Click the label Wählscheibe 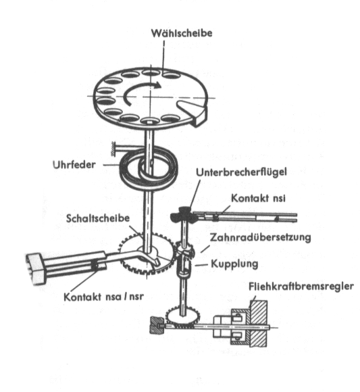point(182,33)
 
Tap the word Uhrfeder point(74,164)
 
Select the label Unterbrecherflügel point(241,172)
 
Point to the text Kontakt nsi point(258,198)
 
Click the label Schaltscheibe point(98,218)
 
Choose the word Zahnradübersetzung point(260,237)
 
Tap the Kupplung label point(234,264)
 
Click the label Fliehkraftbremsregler point(301,286)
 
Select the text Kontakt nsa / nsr point(104,297)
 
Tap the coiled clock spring point(149,168)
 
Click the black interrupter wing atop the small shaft point(182,214)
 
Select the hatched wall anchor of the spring point(113,149)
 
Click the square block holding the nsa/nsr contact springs point(36,269)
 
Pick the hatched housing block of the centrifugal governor point(258,324)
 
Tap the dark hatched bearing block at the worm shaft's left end point(157,325)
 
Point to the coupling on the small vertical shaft point(184,266)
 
